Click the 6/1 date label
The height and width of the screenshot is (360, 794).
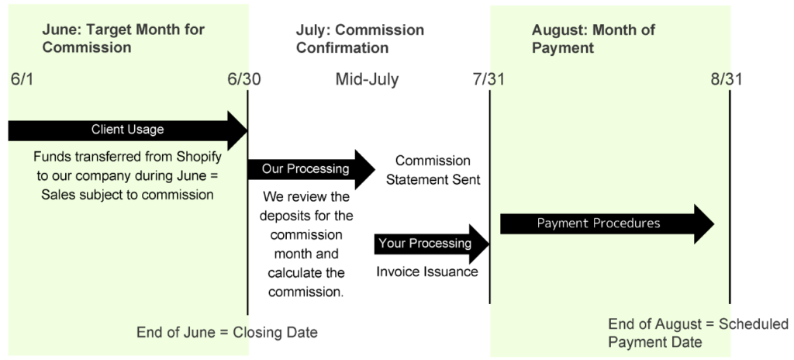tap(22, 80)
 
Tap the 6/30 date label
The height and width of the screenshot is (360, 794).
tap(244, 80)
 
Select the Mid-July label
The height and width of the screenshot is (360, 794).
tap(367, 80)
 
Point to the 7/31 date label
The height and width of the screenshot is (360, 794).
tap(488, 80)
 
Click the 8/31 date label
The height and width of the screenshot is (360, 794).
tap(727, 80)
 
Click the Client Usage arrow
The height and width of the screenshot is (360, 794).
tap(128, 130)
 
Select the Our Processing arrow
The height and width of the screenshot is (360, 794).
tap(311, 169)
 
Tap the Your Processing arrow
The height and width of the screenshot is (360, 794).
tap(431, 244)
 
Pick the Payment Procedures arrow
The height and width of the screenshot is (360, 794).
tap(607, 224)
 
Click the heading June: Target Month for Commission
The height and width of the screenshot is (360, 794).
tap(123, 39)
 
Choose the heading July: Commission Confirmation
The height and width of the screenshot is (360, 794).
tap(360, 39)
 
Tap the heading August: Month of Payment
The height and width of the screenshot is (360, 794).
tap(593, 39)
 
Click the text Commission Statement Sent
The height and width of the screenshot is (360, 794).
tap(433, 170)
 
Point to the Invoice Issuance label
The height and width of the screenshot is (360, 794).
tap(427, 272)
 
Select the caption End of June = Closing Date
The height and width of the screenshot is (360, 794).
tap(227, 333)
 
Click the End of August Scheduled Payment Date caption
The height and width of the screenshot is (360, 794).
tap(699, 333)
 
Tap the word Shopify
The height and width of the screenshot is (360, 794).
tap(199, 157)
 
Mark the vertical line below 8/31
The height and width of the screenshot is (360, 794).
tap(730, 197)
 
